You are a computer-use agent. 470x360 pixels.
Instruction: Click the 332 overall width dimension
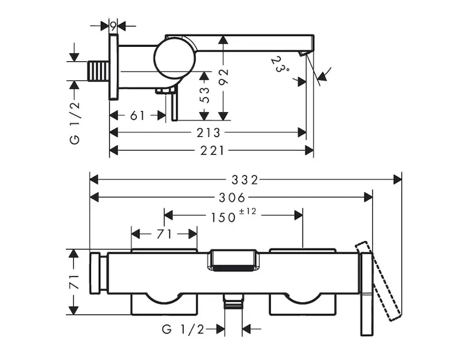tap(246, 179)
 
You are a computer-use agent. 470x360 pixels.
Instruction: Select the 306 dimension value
tap(231, 197)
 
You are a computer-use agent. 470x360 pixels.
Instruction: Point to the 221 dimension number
tap(212, 150)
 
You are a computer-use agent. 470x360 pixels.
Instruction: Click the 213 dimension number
tap(209, 132)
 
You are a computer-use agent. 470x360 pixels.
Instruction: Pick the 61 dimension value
tap(137, 115)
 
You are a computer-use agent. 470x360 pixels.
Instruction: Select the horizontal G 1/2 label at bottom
tap(183, 329)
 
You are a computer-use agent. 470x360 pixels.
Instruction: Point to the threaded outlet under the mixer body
tap(233, 304)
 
